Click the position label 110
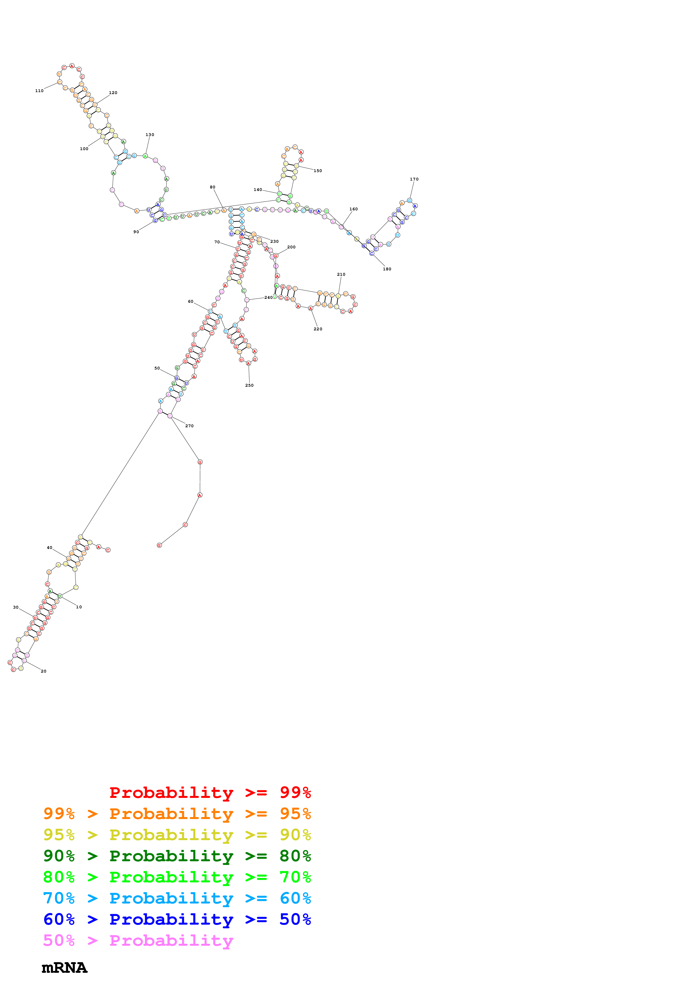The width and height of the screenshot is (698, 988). [x=39, y=91]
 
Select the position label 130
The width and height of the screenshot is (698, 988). [x=150, y=135]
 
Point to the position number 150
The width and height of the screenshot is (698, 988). [x=318, y=171]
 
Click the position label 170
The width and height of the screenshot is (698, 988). [x=414, y=179]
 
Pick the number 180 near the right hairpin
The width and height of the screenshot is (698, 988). [x=387, y=269]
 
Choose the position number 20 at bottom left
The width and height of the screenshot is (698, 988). [x=43, y=671]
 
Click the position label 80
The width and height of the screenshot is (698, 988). [x=213, y=187]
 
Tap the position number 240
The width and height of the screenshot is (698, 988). [x=268, y=298]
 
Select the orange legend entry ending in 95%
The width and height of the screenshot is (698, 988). [x=177, y=814]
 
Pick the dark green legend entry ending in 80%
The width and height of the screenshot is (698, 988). [x=177, y=856]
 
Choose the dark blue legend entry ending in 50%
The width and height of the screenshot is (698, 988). [x=177, y=919]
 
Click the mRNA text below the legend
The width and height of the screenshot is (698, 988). [x=64, y=968]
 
